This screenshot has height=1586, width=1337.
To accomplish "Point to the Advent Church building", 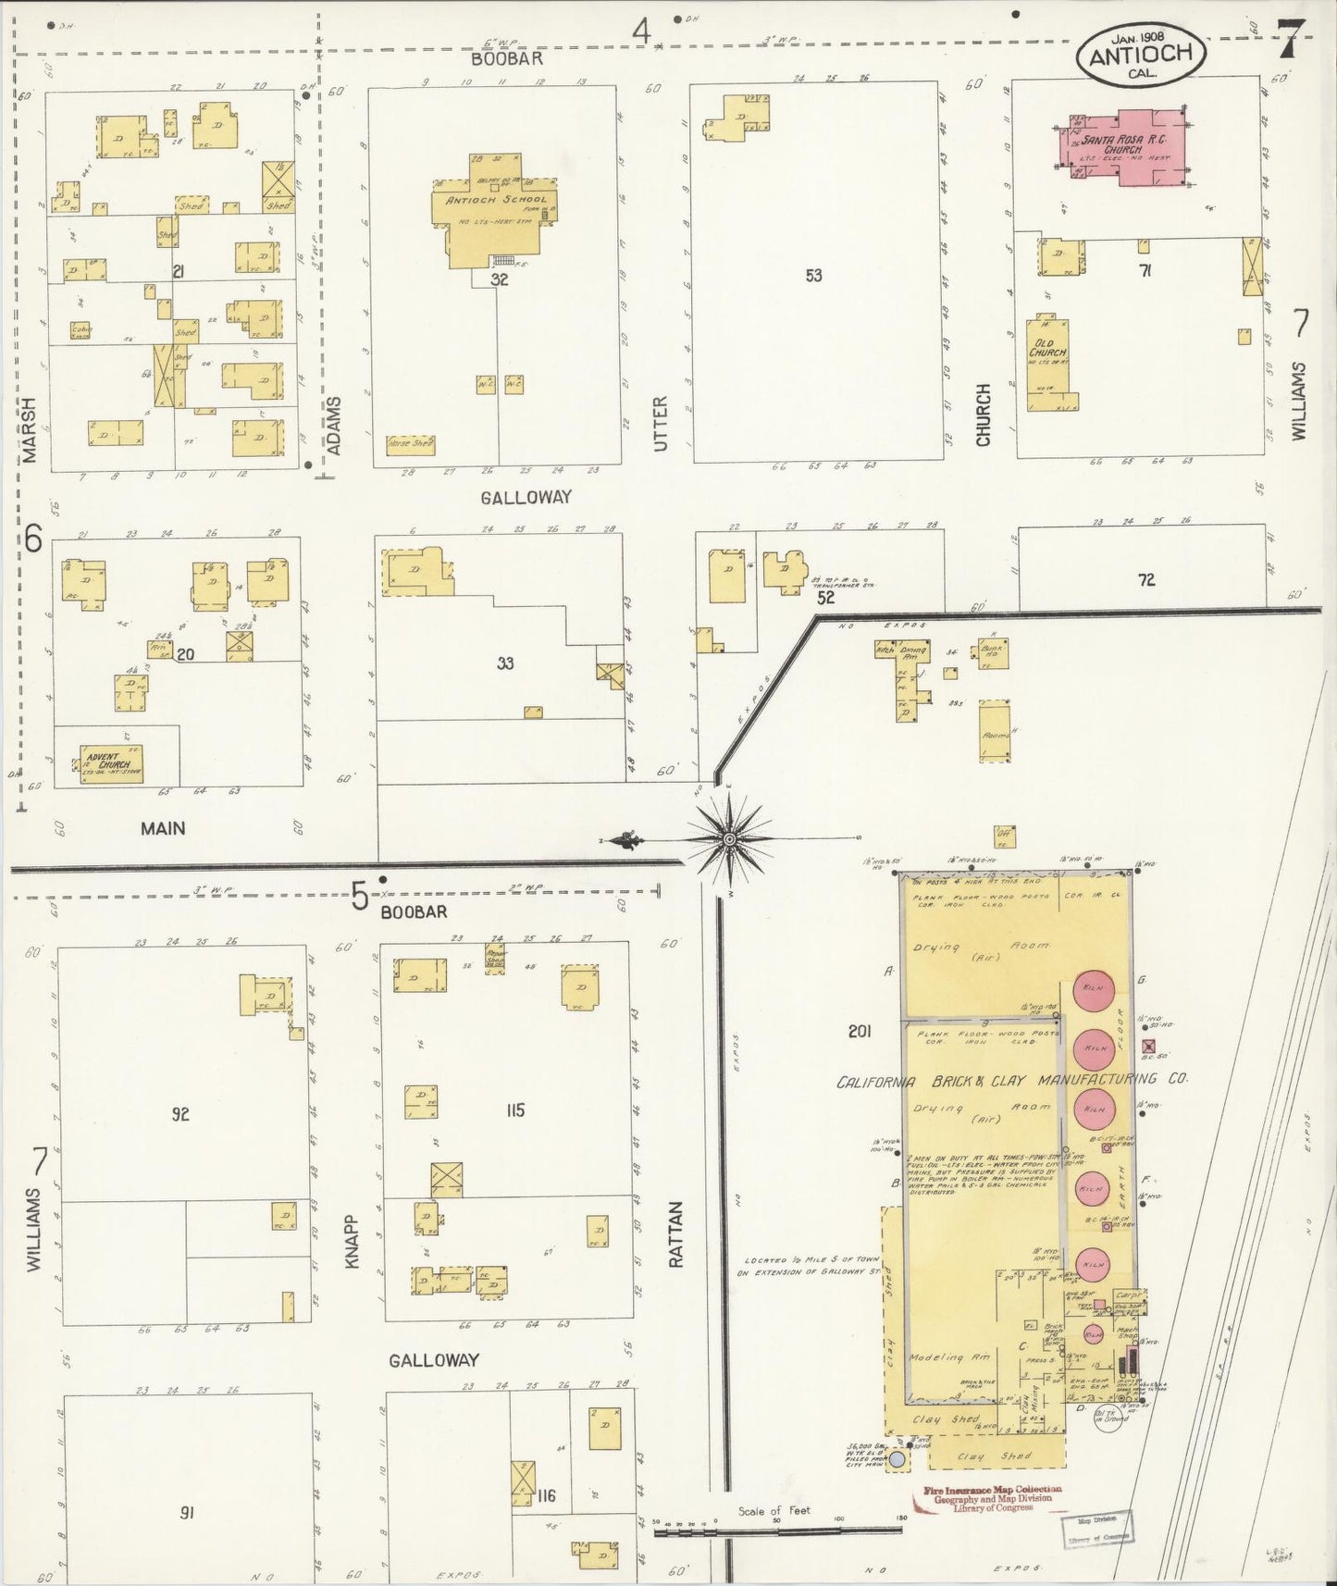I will tap(110, 763).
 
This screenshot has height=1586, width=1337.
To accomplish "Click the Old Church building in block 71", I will tap(1047, 366).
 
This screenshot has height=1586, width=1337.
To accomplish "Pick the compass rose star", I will tap(729, 838).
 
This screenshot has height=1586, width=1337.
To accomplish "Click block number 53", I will tap(813, 275).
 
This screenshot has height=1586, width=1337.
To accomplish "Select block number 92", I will tap(180, 1114).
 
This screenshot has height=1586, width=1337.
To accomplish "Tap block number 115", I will tap(515, 1109).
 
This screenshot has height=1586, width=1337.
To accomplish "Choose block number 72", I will tap(1146, 580).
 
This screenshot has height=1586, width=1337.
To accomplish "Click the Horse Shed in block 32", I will tap(410, 444).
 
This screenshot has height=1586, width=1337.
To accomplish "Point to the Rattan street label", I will tap(675, 1233).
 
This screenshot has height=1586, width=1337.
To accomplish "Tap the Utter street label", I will tap(660, 424).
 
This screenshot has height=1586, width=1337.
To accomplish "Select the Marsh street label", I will tap(31, 429).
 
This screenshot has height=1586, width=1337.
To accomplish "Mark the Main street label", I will tap(163, 828).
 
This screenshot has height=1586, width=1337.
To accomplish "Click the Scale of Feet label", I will tap(774, 1510).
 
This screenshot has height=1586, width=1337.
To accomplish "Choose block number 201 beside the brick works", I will tap(860, 1031).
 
